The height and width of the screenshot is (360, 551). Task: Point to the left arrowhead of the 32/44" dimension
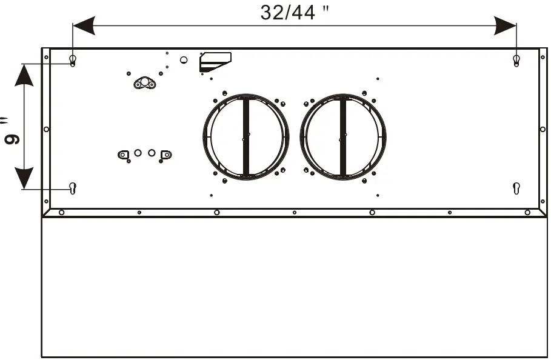coord(84,25)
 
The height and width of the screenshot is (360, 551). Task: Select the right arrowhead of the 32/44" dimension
coord(505,25)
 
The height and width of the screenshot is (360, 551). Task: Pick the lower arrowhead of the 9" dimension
coord(24,179)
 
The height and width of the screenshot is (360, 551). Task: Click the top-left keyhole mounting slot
coord(73,60)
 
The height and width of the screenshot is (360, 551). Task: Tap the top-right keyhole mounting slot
coord(516,60)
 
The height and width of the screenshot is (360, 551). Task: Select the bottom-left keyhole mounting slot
coord(73,188)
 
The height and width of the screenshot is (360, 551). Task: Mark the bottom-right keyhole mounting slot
coord(516,188)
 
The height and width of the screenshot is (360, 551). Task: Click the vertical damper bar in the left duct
coord(246,137)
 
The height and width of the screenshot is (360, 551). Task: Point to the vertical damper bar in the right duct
coord(343,137)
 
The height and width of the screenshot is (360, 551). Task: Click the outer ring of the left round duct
coord(205,137)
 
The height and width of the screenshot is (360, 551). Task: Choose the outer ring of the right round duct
coord(384,137)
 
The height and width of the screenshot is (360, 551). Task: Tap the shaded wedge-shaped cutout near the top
coord(215,60)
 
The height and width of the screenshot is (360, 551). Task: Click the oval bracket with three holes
coord(144,84)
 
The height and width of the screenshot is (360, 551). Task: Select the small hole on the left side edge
coord(46,129)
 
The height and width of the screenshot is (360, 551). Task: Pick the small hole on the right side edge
coord(543,129)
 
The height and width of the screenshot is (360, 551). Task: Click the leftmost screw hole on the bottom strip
coord(61,212)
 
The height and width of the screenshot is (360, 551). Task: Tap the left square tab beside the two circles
coord(124,155)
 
